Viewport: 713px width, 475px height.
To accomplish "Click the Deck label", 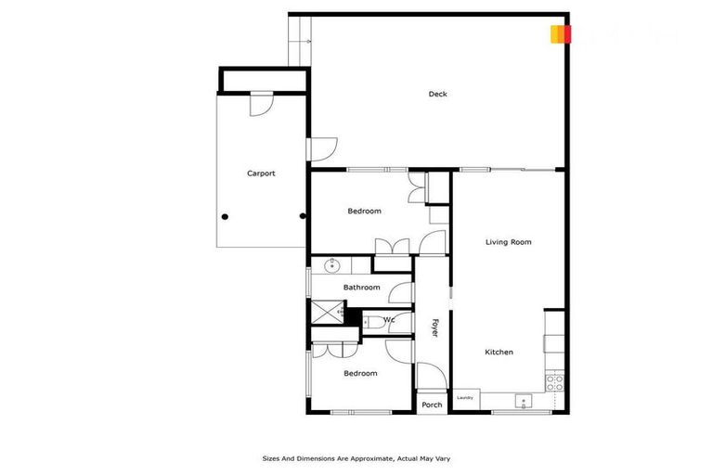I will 437,94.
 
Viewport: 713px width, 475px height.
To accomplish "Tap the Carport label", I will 261,173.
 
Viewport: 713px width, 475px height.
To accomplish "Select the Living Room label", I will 508,242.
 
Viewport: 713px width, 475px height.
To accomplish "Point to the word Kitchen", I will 499,352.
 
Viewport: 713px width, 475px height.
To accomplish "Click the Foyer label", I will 434,327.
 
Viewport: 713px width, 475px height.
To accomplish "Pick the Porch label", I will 432,405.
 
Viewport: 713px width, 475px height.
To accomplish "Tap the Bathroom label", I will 361,287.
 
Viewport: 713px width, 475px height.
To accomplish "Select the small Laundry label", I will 465,398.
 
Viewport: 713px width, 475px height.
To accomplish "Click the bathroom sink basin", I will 332,266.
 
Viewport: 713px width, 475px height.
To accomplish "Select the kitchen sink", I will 523,403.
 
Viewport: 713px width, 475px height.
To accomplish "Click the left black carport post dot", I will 225,217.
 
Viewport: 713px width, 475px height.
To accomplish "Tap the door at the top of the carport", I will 261,103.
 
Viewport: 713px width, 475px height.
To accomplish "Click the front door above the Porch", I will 430,377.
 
